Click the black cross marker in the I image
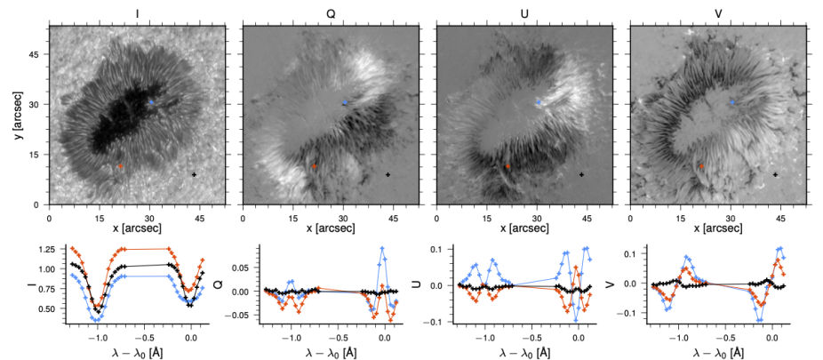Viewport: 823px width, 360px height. [195, 175]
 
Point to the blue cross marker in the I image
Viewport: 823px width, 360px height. [151, 103]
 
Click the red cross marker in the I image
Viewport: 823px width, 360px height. [121, 165]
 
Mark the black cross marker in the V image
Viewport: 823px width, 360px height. [776, 175]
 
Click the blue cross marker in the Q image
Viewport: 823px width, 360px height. [345, 103]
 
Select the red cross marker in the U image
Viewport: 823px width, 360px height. [508, 165]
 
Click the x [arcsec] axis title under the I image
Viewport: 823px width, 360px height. [137, 229]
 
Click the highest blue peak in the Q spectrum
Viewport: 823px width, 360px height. [382, 248]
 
